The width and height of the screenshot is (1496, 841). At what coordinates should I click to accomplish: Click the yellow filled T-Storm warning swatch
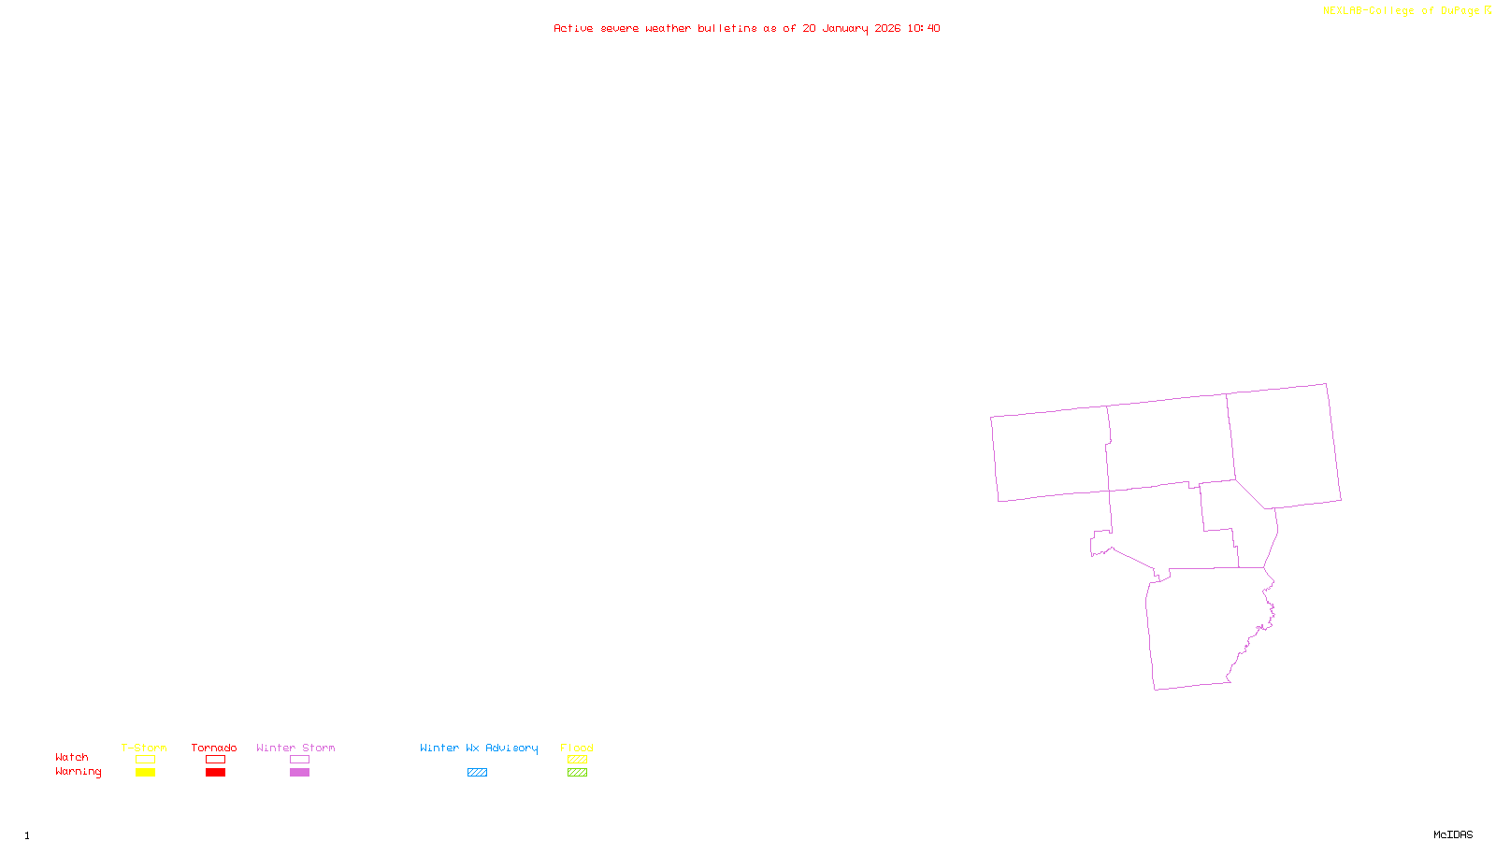pos(145,773)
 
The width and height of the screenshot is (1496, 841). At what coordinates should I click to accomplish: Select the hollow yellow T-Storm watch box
pos(145,760)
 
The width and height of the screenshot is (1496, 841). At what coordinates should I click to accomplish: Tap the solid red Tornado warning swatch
pos(215,773)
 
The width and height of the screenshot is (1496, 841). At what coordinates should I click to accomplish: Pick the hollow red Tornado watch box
pos(215,760)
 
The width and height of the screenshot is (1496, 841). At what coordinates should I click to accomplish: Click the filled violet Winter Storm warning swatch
pos(299,773)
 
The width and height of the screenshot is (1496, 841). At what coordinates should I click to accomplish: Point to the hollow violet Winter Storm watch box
pos(299,760)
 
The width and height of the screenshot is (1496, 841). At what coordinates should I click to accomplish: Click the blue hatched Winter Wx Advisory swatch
pos(477,773)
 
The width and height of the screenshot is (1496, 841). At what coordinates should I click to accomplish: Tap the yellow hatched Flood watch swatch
pos(577,760)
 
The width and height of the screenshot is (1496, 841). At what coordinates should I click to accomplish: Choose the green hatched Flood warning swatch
pos(577,773)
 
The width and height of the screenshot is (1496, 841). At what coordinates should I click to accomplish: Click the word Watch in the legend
pos(72,758)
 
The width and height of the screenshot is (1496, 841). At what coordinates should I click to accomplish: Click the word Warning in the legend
pos(78,772)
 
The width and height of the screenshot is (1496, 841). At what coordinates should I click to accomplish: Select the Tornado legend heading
pos(214,748)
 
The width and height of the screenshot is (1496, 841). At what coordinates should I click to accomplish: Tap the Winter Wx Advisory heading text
pos(479,748)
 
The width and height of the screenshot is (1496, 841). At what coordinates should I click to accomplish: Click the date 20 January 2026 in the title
pos(851,28)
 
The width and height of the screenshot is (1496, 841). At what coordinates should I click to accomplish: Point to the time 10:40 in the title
pos(923,28)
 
